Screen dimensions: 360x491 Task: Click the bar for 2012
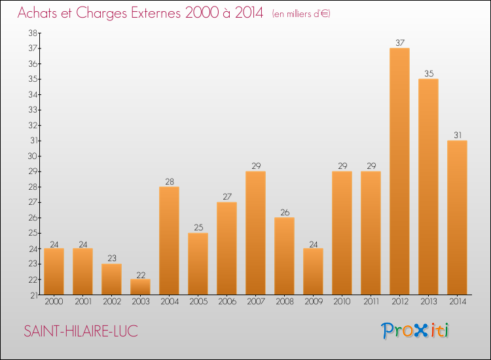(x=399, y=171)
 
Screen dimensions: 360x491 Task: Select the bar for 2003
(x=140, y=287)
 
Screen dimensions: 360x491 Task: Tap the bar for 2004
(x=169, y=241)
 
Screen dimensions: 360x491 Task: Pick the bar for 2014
(x=457, y=217)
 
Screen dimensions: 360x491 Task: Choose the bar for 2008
(x=284, y=256)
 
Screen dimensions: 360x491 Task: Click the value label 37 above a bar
(x=399, y=43)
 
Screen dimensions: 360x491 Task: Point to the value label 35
(x=428, y=74)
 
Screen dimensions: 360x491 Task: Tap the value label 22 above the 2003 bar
(x=140, y=274)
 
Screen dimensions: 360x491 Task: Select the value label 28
(x=169, y=182)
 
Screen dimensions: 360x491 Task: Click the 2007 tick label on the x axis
(x=255, y=302)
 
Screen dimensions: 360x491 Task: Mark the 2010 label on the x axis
(x=342, y=302)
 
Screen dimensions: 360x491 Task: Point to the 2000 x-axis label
(x=54, y=302)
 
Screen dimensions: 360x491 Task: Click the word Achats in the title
(x=41, y=13)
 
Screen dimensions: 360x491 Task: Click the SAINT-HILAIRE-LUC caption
(x=81, y=331)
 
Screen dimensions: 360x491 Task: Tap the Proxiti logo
(x=416, y=331)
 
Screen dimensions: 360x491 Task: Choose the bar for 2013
(x=428, y=187)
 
